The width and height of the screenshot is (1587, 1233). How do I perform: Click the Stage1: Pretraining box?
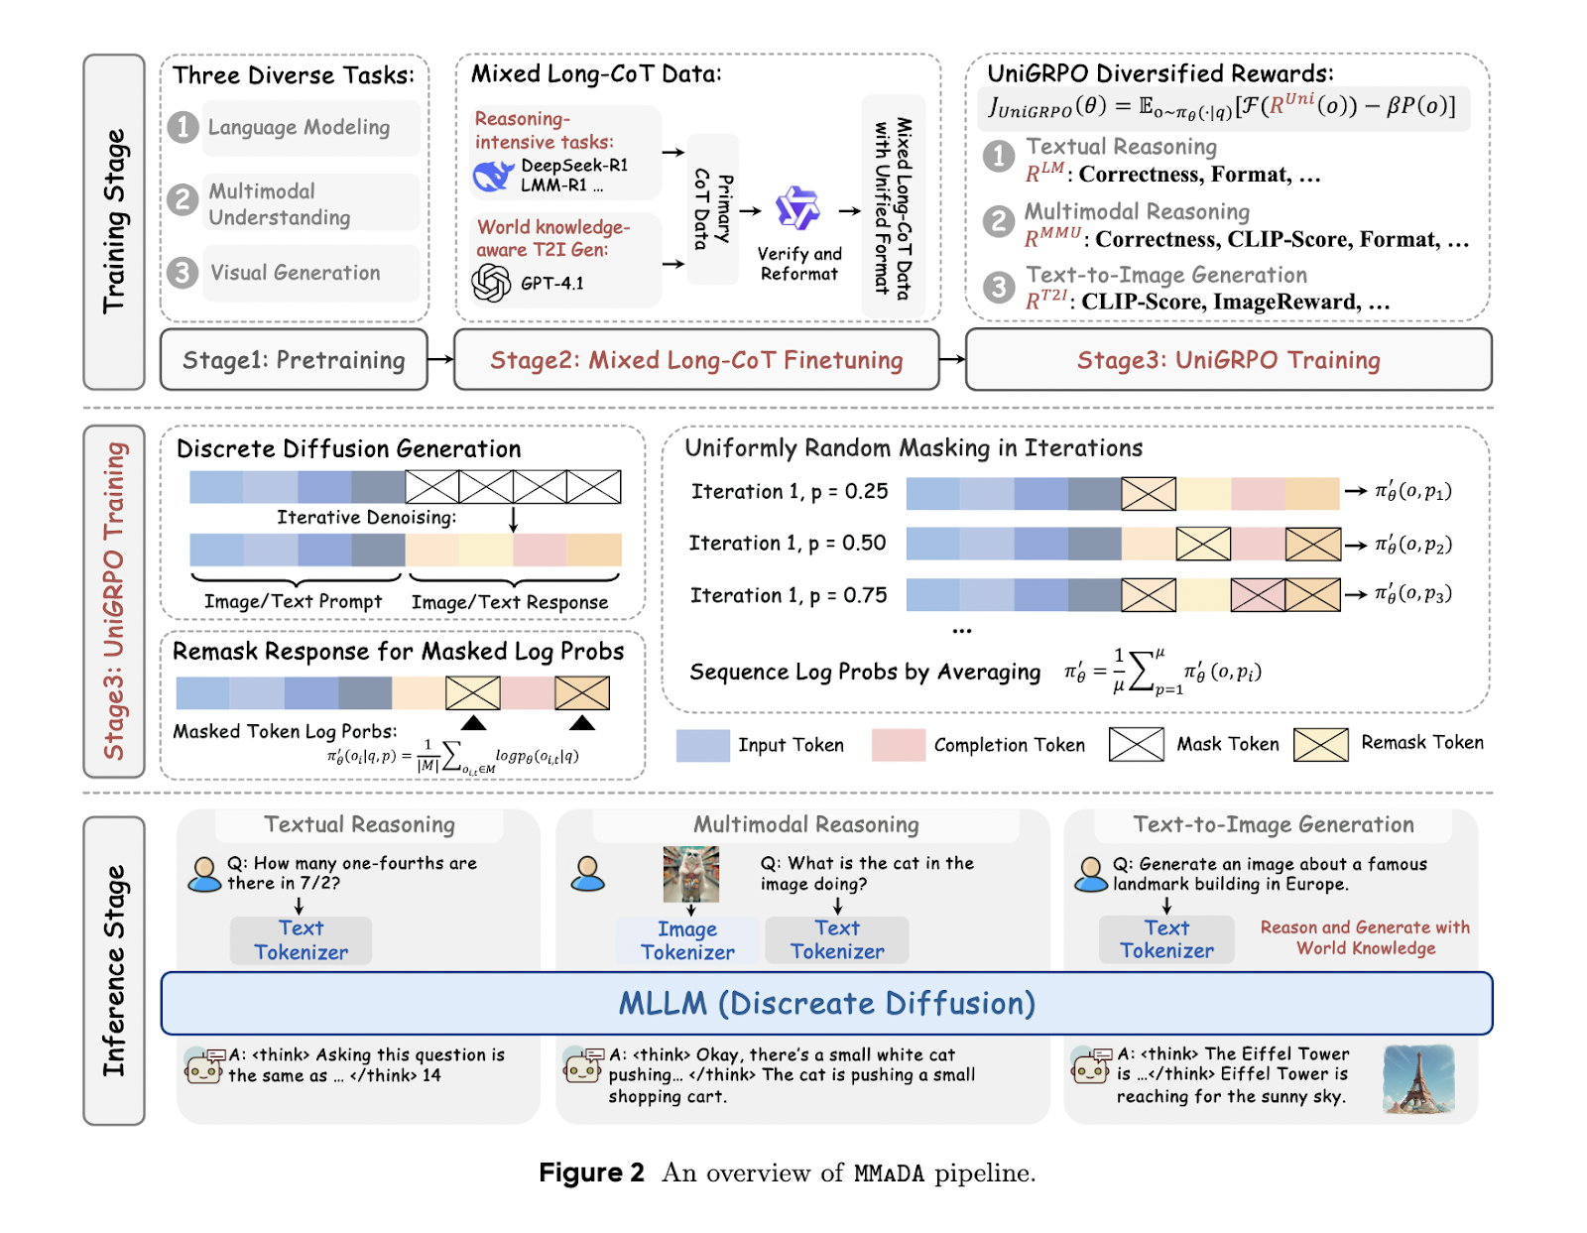[x=294, y=359]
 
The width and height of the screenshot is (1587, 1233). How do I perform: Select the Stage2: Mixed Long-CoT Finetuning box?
[x=696, y=359]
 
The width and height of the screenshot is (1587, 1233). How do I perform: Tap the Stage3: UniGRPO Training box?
[x=1228, y=359]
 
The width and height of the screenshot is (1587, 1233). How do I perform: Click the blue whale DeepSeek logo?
[x=494, y=176]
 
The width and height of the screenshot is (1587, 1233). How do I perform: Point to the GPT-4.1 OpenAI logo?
[x=491, y=283]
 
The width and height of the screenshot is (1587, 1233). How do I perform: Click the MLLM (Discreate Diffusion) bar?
[x=827, y=1003]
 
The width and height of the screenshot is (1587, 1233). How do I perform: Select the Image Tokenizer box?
[x=687, y=940]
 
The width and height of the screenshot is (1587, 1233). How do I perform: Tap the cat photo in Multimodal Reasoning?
[x=691, y=874]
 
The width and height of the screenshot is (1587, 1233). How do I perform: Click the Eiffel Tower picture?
[x=1418, y=1079]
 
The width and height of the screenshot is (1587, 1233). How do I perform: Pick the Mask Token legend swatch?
[x=1137, y=745]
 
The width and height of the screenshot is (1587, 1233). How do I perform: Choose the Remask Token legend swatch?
[x=1320, y=745]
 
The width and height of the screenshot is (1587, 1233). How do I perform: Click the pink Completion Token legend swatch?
[x=899, y=745]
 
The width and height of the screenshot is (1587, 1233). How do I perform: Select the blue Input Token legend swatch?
[x=702, y=745]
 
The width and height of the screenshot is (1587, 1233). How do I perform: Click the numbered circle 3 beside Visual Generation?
[x=183, y=273]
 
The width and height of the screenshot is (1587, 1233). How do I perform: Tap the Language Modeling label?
[x=299, y=127]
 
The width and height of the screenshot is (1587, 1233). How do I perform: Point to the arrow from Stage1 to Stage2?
[x=441, y=359]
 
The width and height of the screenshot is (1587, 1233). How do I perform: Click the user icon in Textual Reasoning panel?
[x=204, y=875]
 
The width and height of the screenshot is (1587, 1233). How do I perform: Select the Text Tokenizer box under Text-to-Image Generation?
[x=1166, y=939]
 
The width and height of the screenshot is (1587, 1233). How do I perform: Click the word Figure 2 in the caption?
[x=591, y=1172]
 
